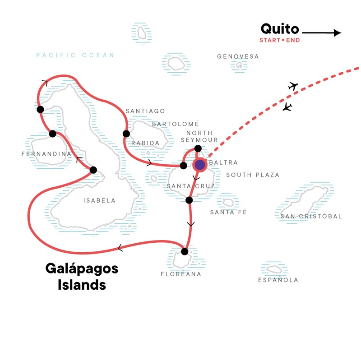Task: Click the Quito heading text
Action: click(x=279, y=29)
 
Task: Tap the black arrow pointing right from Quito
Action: click(x=322, y=32)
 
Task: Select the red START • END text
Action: click(x=279, y=40)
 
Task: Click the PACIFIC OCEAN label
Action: click(x=75, y=56)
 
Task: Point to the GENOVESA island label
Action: click(x=238, y=57)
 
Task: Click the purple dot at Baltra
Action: click(x=200, y=165)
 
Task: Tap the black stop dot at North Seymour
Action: click(x=198, y=148)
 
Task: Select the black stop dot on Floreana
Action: click(x=184, y=251)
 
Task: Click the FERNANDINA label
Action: click(x=46, y=154)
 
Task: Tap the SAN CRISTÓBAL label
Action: click(x=311, y=217)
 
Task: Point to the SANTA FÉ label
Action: click(x=229, y=212)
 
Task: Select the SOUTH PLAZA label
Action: click(x=253, y=175)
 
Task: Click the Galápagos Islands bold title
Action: click(x=82, y=277)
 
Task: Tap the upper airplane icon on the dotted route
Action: click(x=293, y=86)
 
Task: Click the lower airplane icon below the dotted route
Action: click(x=287, y=107)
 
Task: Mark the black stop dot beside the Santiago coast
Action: click(x=126, y=134)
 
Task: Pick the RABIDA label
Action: click(x=145, y=143)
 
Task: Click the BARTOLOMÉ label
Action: click(x=175, y=124)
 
